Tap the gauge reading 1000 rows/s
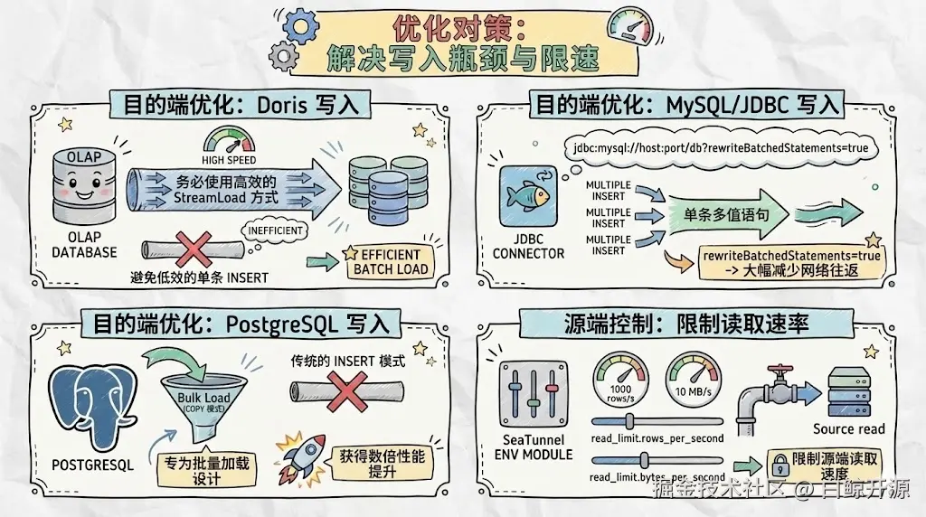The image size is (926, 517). pyautogui.click(x=619, y=381)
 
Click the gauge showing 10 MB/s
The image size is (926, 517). pyautogui.click(x=693, y=381)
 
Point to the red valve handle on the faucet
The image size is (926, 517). pyautogui.click(x=780, y=372)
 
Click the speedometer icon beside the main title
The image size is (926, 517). pyautogui.click(x=632, y=30)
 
